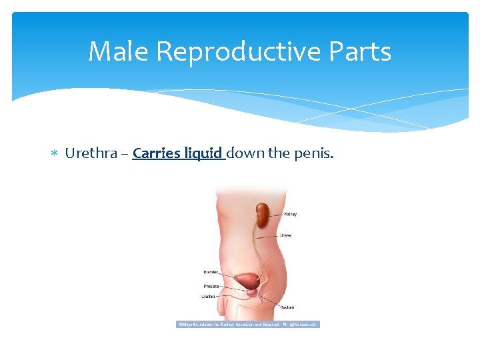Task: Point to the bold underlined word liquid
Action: tap(203, 154)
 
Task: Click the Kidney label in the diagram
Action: tap(290, 215)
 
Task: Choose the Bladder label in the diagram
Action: tap(211, 272)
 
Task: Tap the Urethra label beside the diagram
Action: tap(209, 297)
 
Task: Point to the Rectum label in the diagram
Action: tap(287, 307)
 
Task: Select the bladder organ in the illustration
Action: tap(249, 280)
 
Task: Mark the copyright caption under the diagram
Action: tap(247, 325)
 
